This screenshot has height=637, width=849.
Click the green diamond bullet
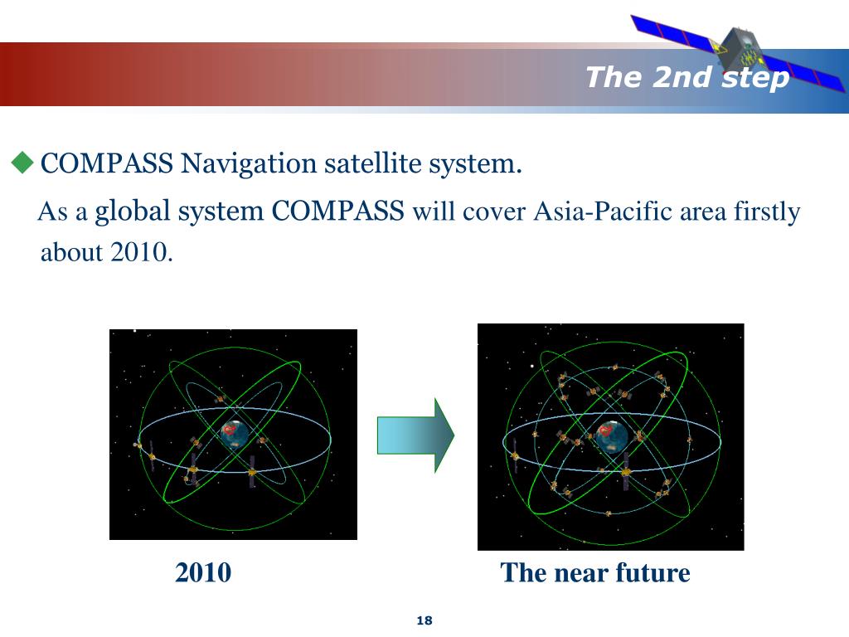tap(22, 163)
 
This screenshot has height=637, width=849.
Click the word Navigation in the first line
tap(250, 164)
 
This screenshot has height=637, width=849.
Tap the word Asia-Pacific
tap(603, 212)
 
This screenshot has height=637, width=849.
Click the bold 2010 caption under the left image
tap(203, 572)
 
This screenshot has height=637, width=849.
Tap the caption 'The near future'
tap(595, 572)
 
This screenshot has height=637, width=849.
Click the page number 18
tap(425, 621)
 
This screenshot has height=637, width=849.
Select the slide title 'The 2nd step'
tap(687, 77)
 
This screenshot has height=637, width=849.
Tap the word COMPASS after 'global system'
tap(338, 212)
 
